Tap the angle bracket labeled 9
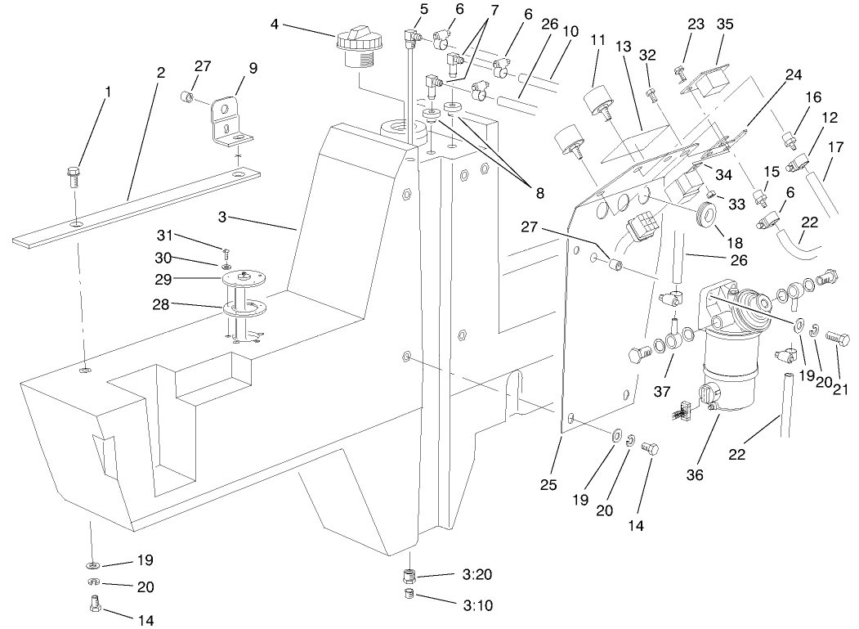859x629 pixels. [228, 124]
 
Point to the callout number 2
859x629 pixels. [161, 72]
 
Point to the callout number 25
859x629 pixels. [548, 485]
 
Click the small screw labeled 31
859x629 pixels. [224, 250]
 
